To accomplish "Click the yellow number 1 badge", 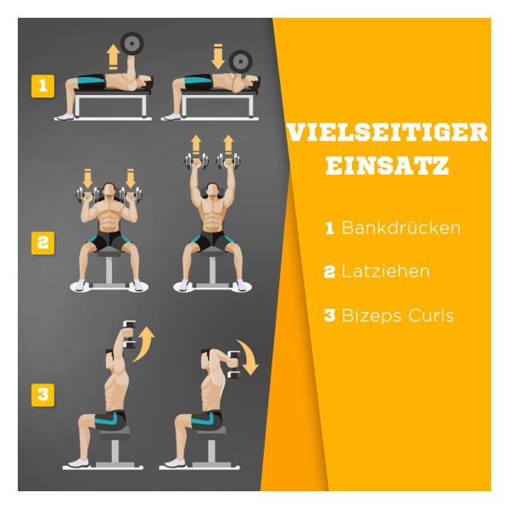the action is (43, 86).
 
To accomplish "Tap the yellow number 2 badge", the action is (43, 243).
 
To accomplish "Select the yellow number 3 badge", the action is (43, 394).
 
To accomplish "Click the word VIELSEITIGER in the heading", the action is (388, 132).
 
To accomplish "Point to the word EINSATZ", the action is (388, 165).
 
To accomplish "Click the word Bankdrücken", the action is (401, 227).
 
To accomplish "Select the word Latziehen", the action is (386, 271).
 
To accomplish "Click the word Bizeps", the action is (372, 316).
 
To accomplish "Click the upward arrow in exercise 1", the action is (114, 57).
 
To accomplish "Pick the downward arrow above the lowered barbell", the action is (218, 57).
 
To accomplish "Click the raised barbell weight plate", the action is (131, 43).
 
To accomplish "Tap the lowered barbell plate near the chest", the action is (241, 62).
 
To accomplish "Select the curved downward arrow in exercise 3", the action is (249, 356).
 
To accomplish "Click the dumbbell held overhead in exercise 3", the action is (130, 335).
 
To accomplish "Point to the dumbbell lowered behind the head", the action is (234, 365).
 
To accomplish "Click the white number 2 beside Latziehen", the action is (329, 271).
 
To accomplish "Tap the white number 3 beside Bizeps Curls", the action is (329, 316).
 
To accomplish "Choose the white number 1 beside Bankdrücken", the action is (329, 228).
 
